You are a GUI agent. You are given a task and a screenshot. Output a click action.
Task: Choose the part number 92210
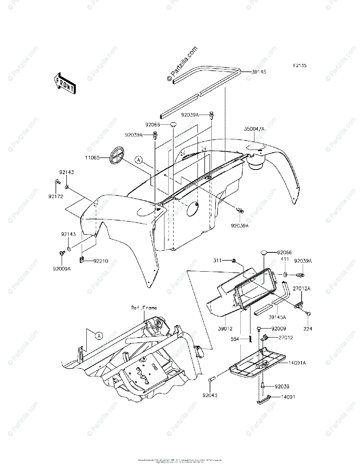[101, 261]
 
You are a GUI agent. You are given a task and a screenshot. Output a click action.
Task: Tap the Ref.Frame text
[144, 308]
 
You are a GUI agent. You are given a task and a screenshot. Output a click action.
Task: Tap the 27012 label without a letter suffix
[286, 337]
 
